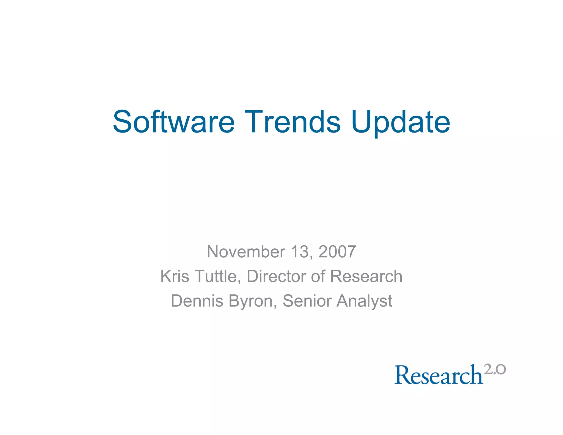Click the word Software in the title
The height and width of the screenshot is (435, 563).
point(174,122)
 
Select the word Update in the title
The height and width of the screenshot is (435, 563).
point(401,123)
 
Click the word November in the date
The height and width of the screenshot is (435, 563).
point(246,252)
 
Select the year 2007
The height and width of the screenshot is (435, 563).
point(337,252)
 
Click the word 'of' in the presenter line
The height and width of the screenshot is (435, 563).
point(318,276)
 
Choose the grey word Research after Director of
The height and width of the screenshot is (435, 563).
point(366,276)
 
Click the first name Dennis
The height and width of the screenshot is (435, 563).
point(197,301)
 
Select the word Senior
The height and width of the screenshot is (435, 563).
point(307,301)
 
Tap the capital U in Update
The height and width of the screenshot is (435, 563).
point(361,122)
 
